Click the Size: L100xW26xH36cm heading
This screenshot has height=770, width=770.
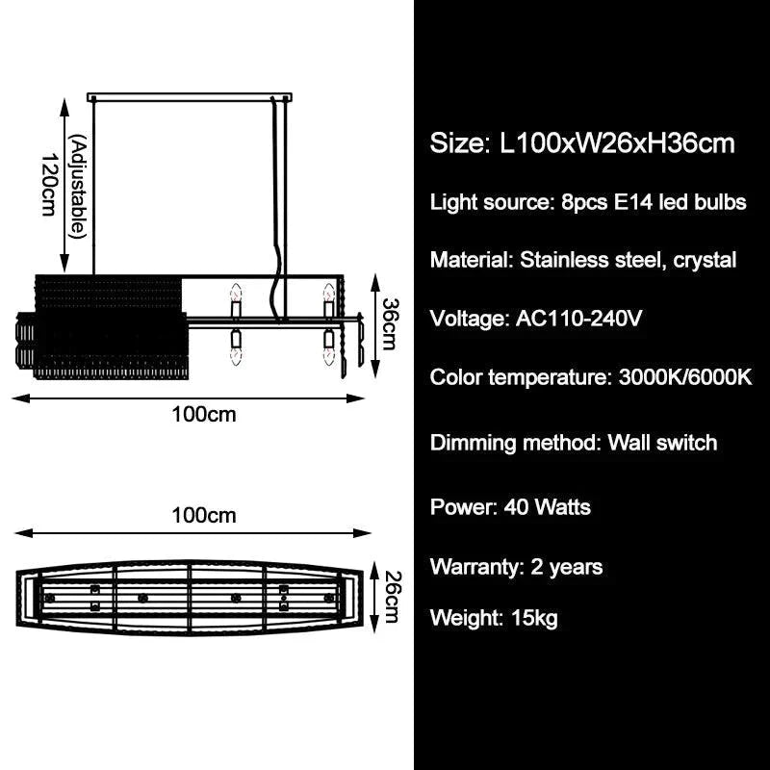(582, 143)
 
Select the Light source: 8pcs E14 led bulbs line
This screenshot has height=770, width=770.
(588, 202)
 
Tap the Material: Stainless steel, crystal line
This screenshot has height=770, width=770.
(583, 260)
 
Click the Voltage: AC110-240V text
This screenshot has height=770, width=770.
(535, 319)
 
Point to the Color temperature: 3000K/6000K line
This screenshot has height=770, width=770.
(591, 377)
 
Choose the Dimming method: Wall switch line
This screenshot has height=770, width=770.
(574, 443)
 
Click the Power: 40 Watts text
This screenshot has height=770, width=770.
(510, 507)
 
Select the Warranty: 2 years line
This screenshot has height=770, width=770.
(516, 567)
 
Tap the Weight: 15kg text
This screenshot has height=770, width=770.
(494, 618)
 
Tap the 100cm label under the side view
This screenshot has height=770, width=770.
(204, 415)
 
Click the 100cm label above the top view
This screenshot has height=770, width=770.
(204, 515)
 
